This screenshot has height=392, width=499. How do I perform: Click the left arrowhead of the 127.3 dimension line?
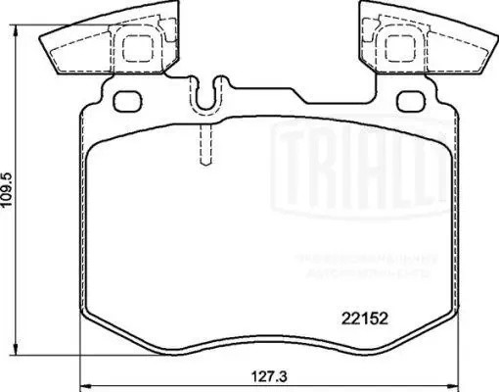point(82,383)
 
